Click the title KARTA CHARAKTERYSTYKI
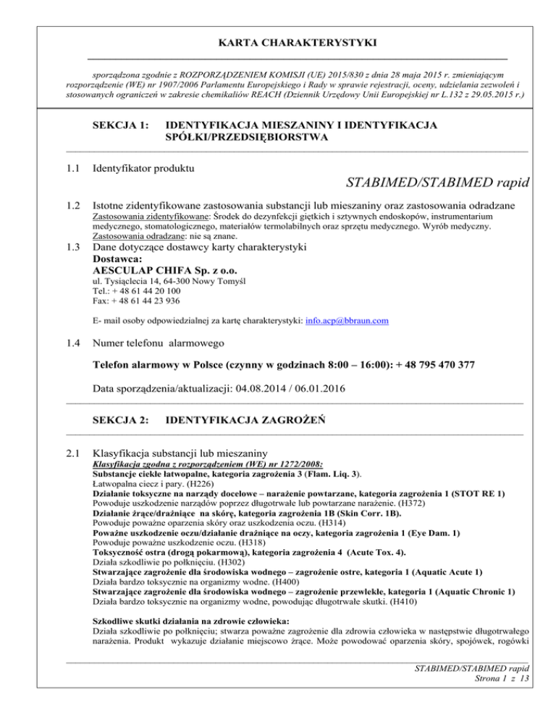tap(277, 43)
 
